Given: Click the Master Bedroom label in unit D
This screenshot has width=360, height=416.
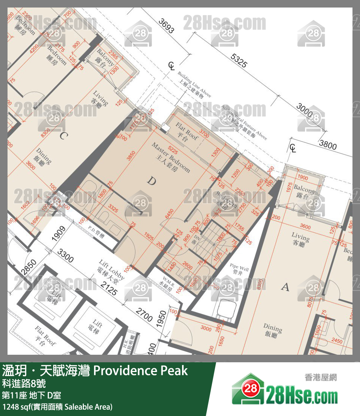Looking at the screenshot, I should (170, 157).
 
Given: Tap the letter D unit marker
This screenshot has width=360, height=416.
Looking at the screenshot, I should (151, 182).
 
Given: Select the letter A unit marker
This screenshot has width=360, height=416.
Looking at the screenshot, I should (285, 287).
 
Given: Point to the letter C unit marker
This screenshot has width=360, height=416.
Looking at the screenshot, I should (63, 136).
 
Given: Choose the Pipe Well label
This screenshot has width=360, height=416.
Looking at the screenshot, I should (239, 269).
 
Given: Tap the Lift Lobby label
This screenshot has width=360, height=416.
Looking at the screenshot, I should (112, 269).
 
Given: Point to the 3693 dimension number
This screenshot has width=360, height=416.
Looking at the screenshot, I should (166, 26).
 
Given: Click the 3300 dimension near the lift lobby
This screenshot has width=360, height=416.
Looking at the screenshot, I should (65, 256).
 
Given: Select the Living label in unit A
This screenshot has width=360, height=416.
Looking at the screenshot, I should (300, 239).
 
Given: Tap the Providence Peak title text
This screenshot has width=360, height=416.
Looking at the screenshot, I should (140, 371).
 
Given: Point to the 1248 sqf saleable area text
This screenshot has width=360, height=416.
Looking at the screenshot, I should (57, 407).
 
